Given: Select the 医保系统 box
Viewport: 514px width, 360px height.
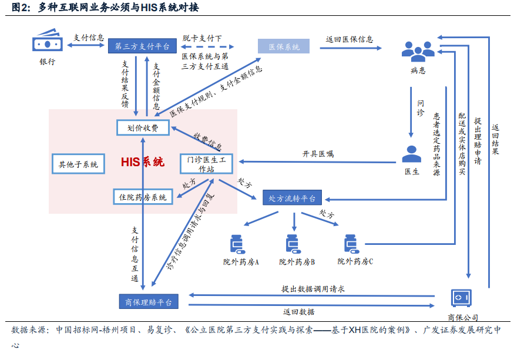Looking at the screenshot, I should (284, 46).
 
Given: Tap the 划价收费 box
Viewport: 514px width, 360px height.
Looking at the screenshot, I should (143, 127).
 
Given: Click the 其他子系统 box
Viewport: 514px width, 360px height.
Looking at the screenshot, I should (78, 164).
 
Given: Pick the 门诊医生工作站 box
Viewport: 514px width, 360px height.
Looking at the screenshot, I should (206, 164).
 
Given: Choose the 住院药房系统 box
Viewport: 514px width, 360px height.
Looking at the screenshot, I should (143, 197).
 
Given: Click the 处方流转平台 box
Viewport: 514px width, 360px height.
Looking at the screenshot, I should (292, 198).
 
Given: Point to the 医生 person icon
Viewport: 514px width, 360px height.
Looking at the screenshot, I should (411, 154).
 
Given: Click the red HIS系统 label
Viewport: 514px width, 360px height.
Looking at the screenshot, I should (143, 162).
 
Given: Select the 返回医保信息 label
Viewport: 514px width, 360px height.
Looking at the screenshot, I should (350, 39).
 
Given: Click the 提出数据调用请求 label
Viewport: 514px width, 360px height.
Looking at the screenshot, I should (313, 288).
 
